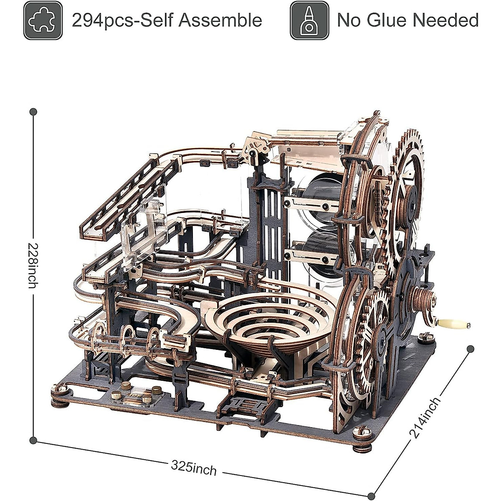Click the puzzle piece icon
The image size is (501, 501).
[x=43, y=20]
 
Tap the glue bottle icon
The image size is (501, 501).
[x=309, y=20]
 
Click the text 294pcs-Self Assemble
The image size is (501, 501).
[x=167, y=20]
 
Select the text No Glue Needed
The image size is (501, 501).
[x=407, y=20]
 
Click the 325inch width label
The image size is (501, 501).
[x=194, y=456]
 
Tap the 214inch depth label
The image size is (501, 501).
[x=424, y=418]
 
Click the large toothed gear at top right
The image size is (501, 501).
[x=407, y=200]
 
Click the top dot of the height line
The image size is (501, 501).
[x=33, y=112]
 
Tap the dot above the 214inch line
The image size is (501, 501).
[x=471, y=349]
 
